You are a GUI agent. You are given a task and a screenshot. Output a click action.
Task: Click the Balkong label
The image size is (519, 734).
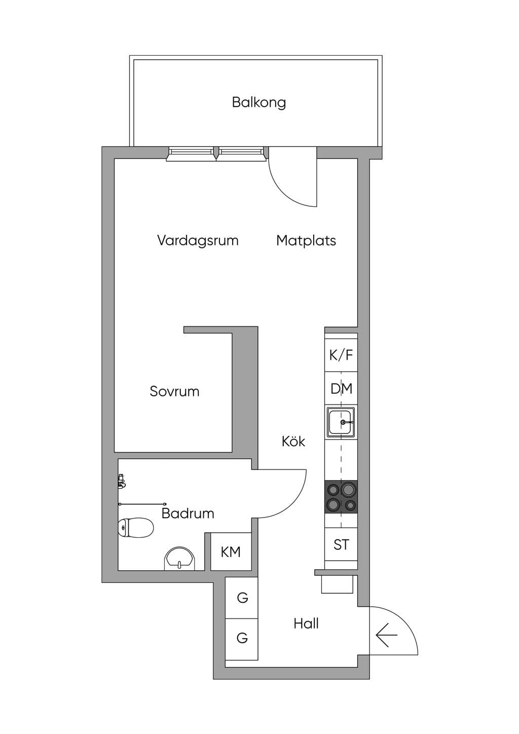click(x=259, y=102)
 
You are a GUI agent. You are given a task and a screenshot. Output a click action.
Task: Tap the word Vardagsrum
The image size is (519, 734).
click(x=198, y=240)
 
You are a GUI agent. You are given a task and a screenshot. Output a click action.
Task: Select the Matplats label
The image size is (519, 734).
click(x=306, y=240)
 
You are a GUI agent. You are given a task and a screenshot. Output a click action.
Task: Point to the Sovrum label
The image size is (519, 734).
click(x=174, y=391)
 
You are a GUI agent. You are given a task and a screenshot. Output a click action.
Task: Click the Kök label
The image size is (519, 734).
click(x=293, y=442)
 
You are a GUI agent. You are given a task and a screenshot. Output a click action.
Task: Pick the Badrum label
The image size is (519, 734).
click(x=188, y=513)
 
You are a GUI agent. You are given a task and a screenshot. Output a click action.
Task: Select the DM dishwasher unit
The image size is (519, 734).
click(x=341, y=389)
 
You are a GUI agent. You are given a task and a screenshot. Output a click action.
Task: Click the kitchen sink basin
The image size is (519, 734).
click(x=341, y=422)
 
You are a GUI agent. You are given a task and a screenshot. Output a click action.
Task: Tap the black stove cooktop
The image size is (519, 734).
click(x=341, y=497)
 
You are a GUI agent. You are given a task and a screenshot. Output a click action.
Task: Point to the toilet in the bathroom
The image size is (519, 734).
click(x=136, y=528)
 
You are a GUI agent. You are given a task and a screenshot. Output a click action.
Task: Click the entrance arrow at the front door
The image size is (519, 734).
click(x=387, y=635)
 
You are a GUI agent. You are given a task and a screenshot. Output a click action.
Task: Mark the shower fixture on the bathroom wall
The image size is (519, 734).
click(x=121, y=481)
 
